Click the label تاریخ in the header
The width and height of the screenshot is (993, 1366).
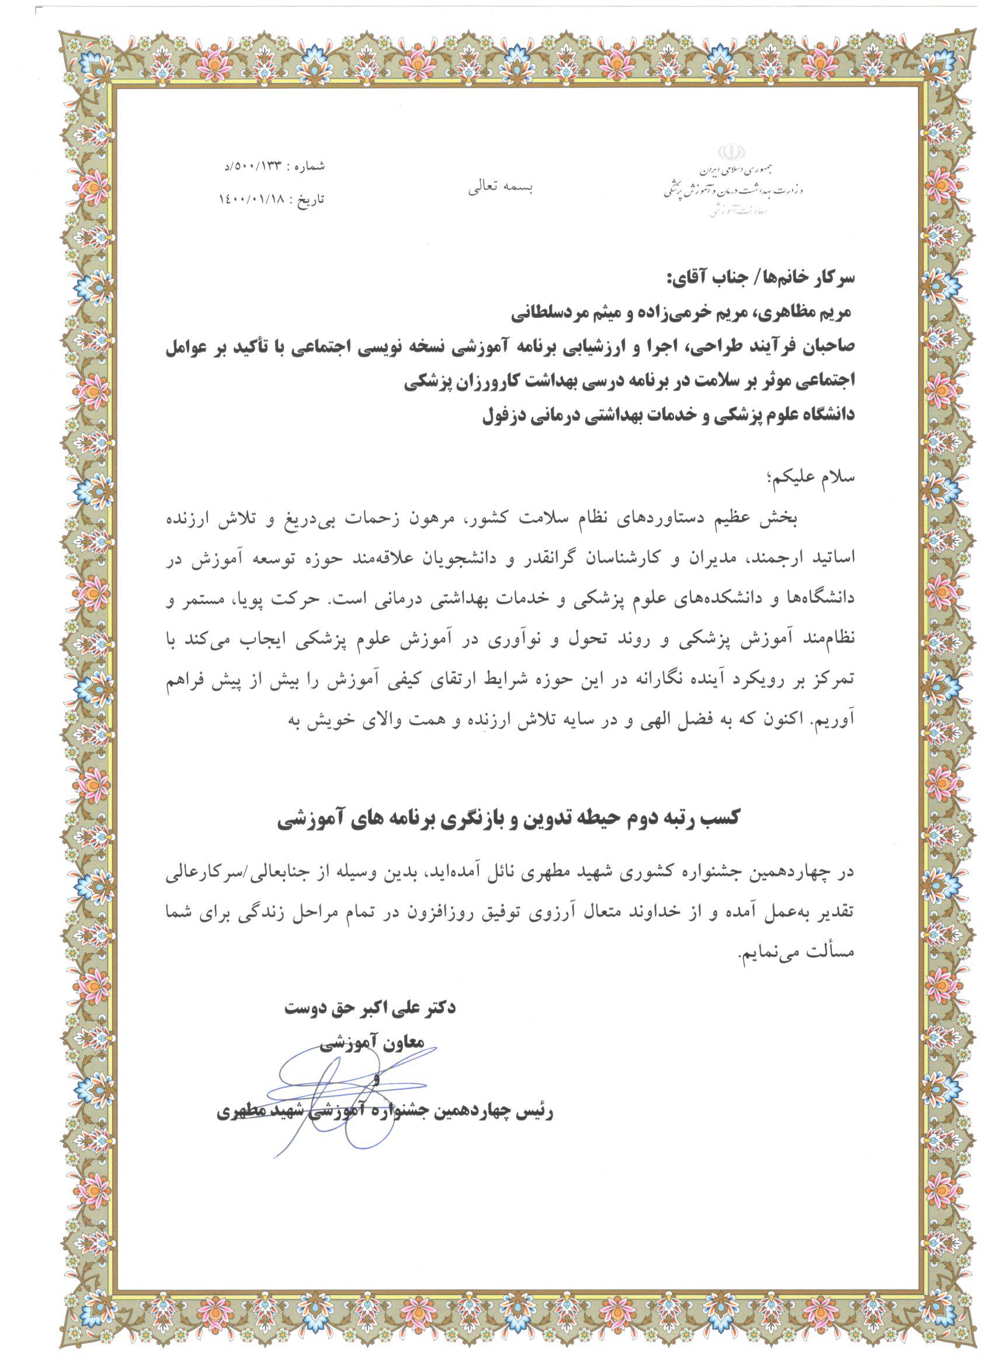click(x=313, y=198)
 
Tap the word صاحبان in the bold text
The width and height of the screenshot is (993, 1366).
click(x=819, y=348)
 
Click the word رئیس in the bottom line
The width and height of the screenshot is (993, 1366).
click(x=534, y=1112)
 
